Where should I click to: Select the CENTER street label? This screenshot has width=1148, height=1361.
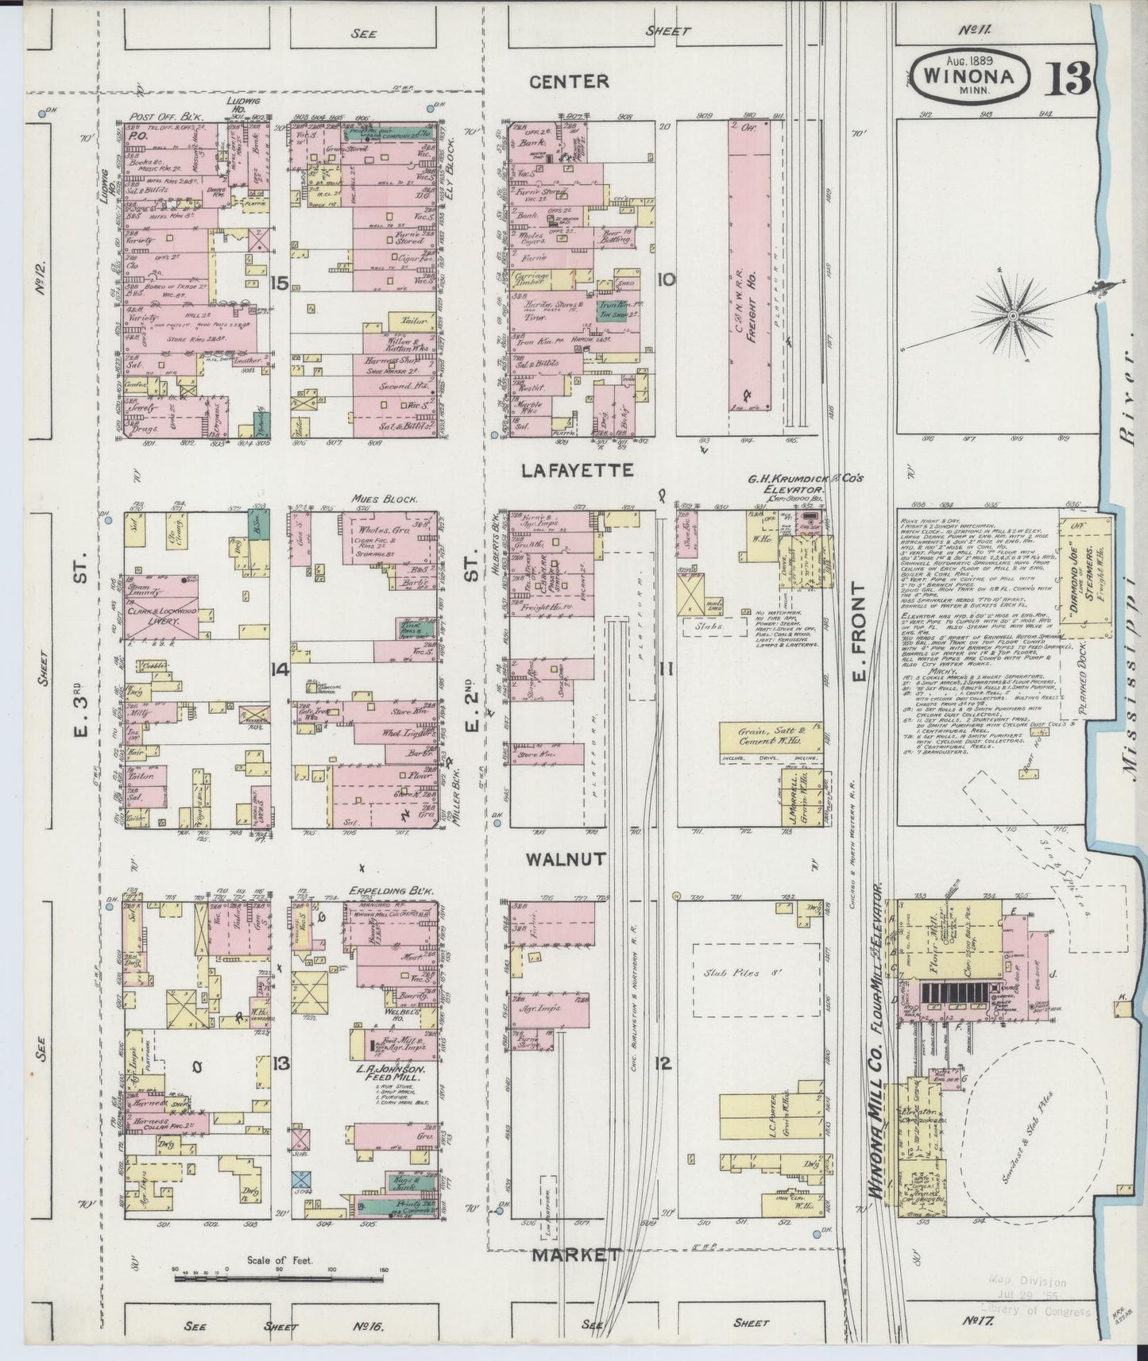pyautogui.click(x=570, y=81)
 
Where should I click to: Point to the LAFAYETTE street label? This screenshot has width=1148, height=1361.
pyautogui.click(x=577, y=471)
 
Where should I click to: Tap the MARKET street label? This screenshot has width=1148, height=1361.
pyautogui.click(x=575, y=1255)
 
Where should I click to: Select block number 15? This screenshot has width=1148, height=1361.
pyautogui.click(x=277, y=283)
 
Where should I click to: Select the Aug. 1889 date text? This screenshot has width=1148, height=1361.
pyautogui.click(x=972, y=60)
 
